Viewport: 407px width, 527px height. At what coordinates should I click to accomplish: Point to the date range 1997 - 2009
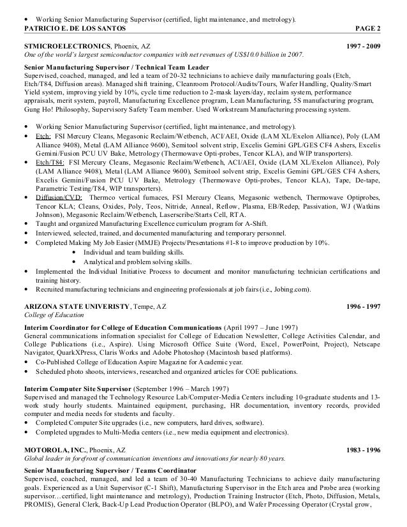click(x=362, y=47)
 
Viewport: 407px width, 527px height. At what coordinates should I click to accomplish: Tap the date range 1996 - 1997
click(x=362, y=306)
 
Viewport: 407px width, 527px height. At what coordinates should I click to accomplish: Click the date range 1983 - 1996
click(x=362, y=450)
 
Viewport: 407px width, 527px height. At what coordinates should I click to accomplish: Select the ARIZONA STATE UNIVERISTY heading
click(x=76, y=306)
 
